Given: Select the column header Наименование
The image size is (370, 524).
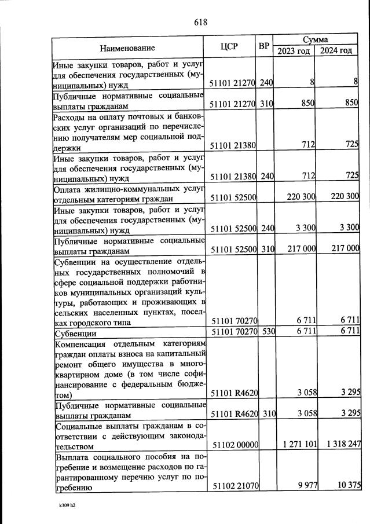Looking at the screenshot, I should pos(127,48).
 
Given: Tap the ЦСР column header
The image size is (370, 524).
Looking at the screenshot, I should pos(230,47).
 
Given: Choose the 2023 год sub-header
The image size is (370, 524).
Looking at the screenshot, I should pos(294,51).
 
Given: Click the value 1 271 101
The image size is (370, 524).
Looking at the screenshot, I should pos(296,444).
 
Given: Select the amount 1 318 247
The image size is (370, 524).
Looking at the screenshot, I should pos(338,444).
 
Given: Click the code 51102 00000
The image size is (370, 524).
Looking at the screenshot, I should pos(235,444).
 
